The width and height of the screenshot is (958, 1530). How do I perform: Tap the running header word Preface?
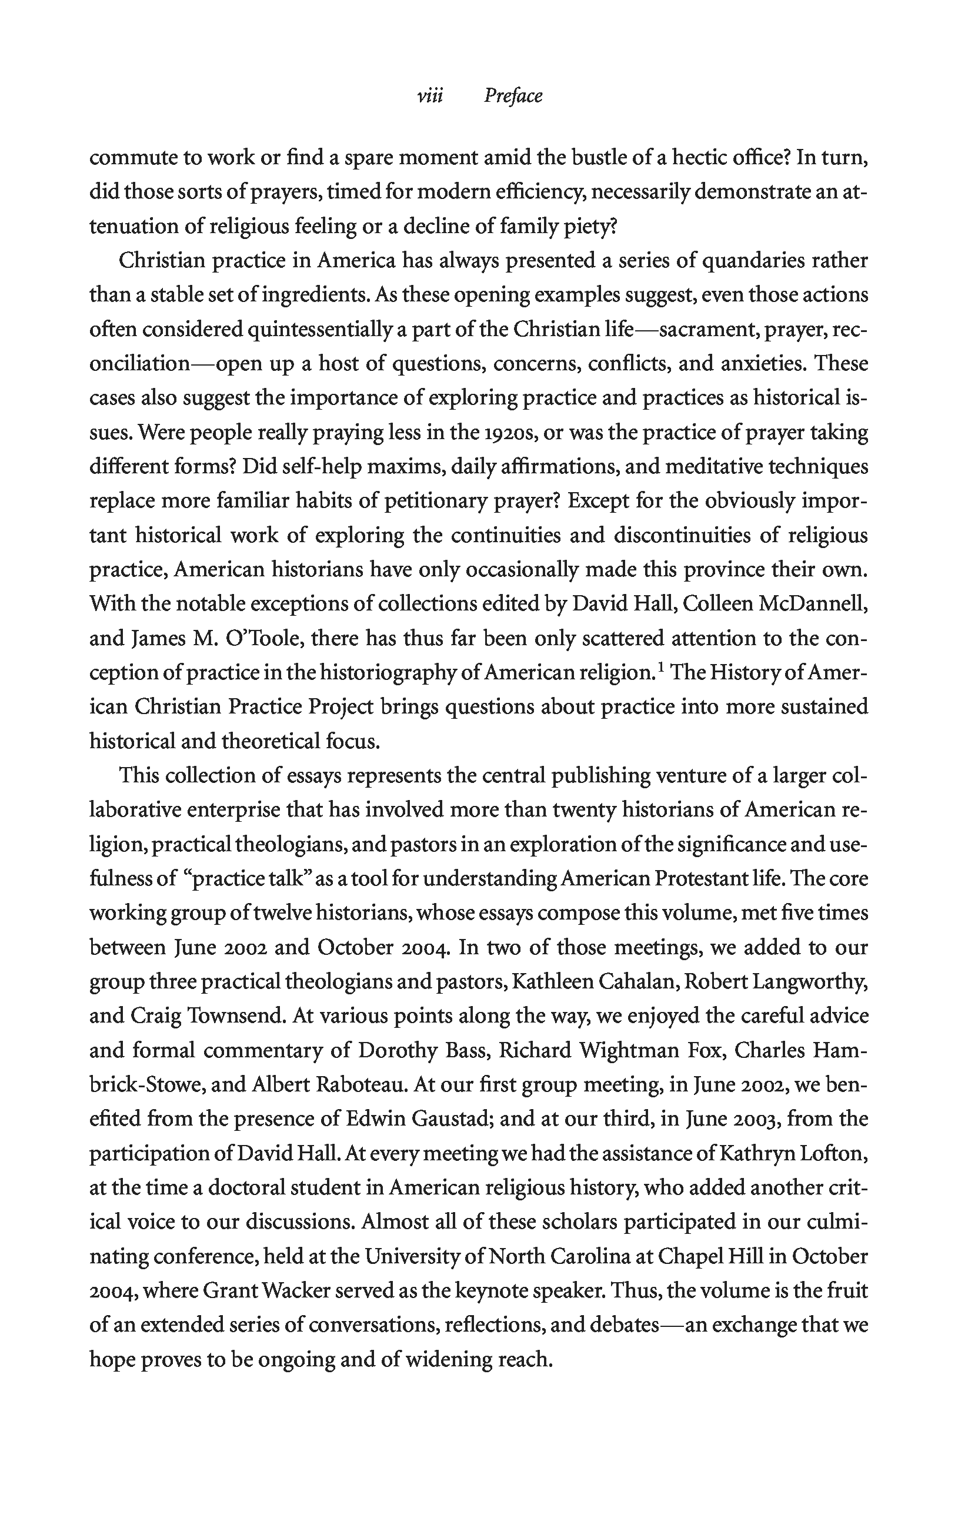(513, 97)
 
